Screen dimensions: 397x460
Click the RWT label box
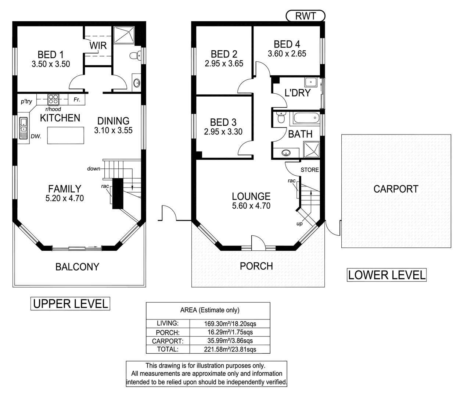[x=305, y=16]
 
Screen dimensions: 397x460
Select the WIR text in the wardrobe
[x=98, y=46]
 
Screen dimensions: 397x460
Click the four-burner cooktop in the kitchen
[x=53, y=99]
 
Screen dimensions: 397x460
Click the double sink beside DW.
[x=24, y=128]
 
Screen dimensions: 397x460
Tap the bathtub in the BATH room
[x=305, y=119]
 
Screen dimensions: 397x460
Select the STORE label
[x=309, y=170]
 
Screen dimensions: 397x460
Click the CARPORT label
[x=396, y=189]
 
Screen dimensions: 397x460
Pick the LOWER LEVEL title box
[x=387, y=275]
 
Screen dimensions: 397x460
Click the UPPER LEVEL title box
[x=70, y=304]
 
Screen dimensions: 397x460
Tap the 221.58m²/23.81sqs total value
[x=230, y=349]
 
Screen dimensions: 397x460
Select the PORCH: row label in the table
[x=168, y=332]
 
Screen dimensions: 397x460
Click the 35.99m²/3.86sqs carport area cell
[x=230, y=341]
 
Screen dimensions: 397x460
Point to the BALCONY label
[x=77, y=267]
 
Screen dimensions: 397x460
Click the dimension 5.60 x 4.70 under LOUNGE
[x=251, y=206]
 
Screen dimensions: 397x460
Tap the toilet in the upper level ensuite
[x=135, y=56]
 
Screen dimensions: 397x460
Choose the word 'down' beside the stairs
[x=94, y=169]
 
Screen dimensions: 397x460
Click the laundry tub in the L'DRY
[x=313, y=82]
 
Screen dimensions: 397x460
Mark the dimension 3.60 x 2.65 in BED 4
[x=287, y=54]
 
